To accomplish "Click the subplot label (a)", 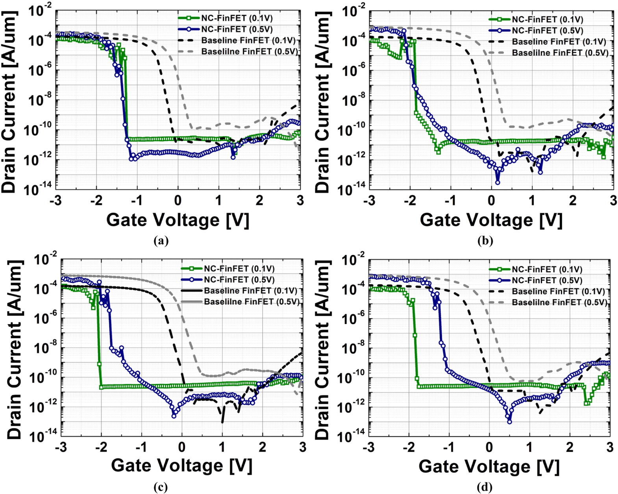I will coord(161,241).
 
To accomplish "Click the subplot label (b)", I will coord(485,241).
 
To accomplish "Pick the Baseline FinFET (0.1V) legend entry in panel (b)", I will coord(559,42).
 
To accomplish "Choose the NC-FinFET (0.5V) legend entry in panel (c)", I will coord(239,280).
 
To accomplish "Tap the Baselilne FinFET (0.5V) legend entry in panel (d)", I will coord(559,302).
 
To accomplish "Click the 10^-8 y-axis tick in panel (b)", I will coord(352,100).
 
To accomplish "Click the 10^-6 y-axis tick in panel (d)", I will coord(351,319).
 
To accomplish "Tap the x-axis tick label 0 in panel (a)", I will coord(178,201).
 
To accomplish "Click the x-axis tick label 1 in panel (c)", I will coord(222,447).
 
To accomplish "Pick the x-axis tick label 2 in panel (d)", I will coord(569,447).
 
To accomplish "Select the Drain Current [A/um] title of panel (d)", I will coord(322,349).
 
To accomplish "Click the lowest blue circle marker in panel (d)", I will coord(509,422).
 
